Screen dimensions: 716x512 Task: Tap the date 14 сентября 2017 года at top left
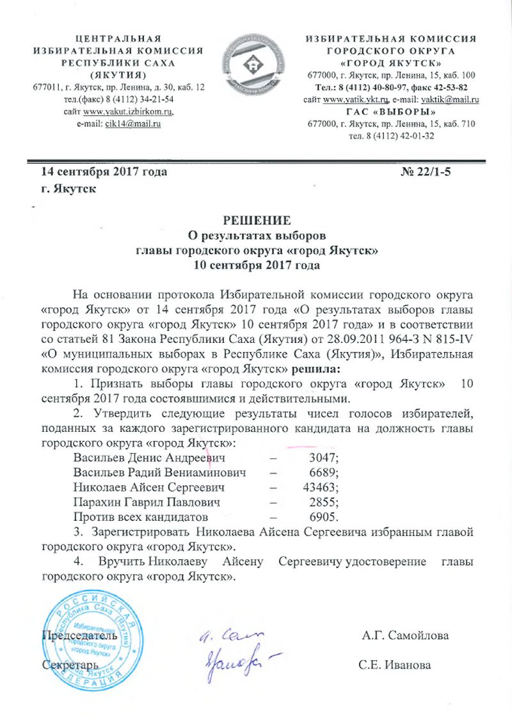[104, 172]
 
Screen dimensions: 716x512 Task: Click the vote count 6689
[323, 472]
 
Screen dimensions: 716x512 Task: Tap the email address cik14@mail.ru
[132, 123]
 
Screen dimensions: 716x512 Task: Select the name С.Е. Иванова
[395, 665]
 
